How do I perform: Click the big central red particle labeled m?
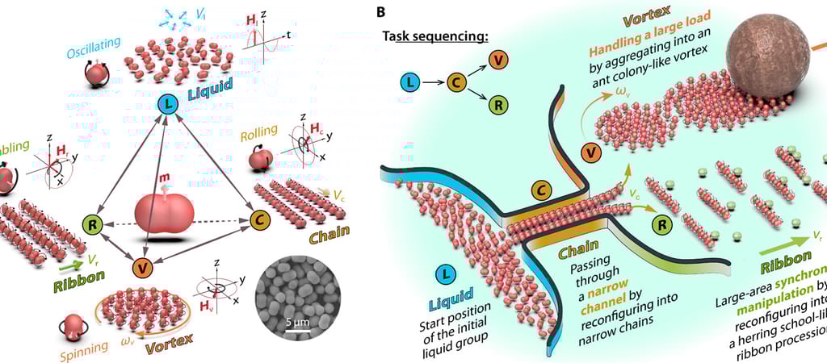[165, 213]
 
